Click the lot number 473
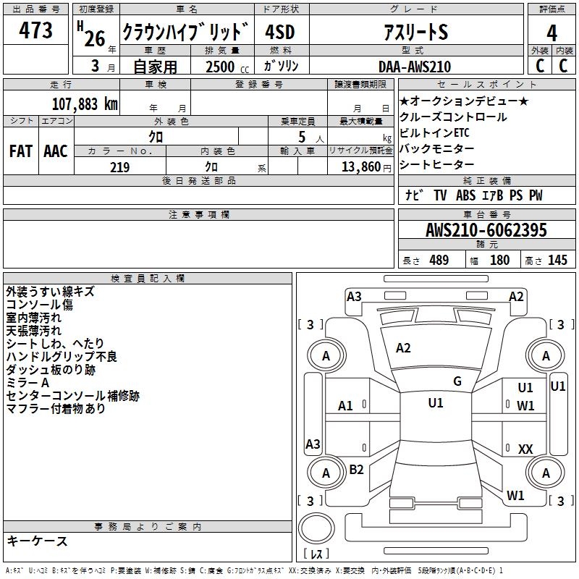36,30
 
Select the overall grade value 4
552,33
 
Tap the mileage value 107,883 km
84,103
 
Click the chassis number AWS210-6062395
486,230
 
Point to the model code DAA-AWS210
414,67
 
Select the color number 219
119,166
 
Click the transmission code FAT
21,151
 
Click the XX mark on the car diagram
525,449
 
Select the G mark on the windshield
457,381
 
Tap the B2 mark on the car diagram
356,470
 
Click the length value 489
439,261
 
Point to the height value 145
557,261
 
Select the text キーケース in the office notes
37,541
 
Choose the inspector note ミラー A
28,382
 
